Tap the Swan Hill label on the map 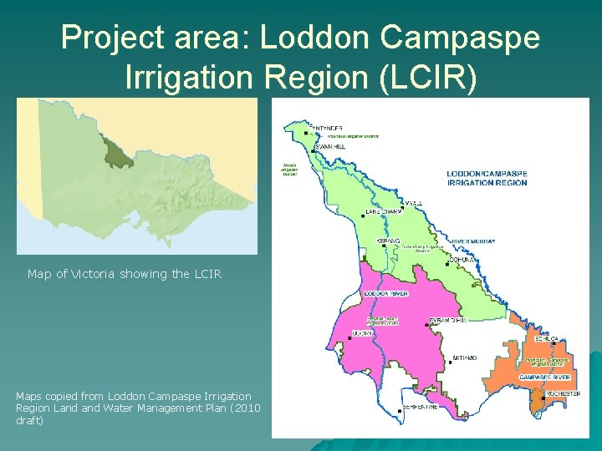point(330,147)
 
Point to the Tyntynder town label point(327,129)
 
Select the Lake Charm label point(383,212)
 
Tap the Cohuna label point(462,260)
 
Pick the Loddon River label point(386,294)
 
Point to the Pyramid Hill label point(446,321)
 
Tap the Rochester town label point(563,393)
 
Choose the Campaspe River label point(543,377)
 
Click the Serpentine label point(420,407)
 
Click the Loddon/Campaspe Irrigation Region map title point(487,178)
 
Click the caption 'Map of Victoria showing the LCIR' point(124,273)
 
